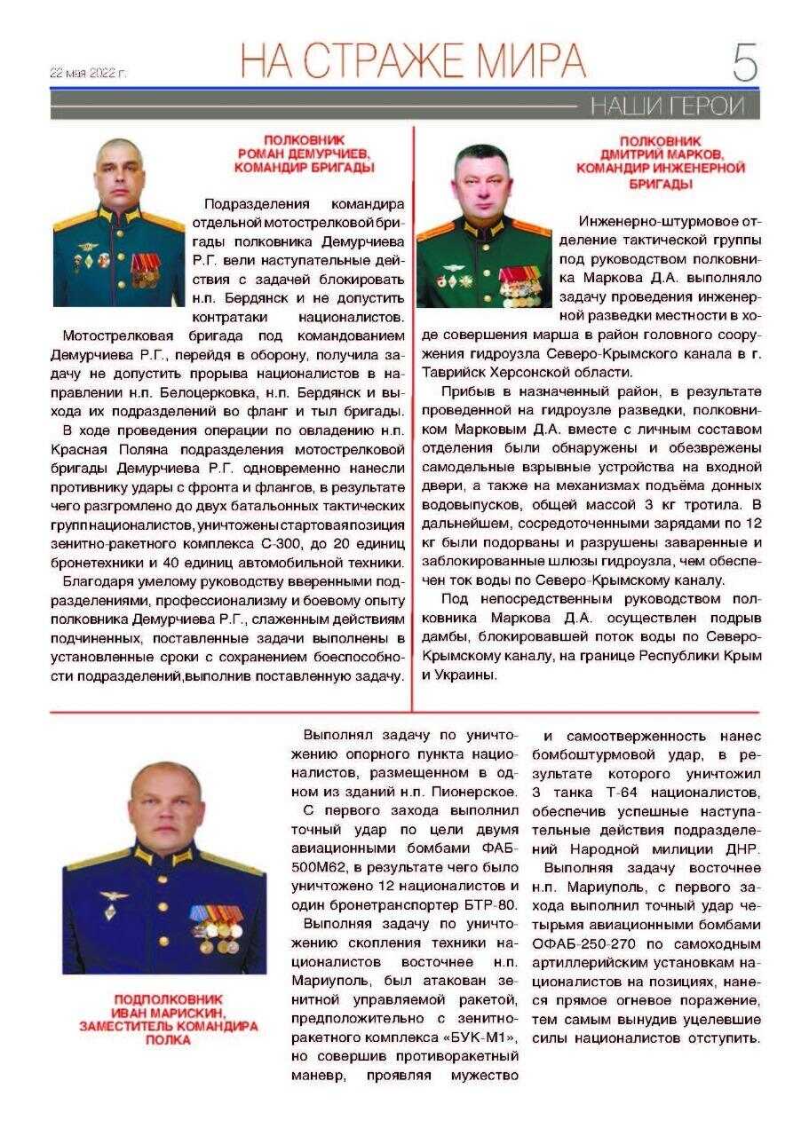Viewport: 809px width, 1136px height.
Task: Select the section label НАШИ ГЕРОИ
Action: [x=667, y=106]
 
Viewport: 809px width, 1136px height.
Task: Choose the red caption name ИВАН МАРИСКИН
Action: [x=169, y=1013]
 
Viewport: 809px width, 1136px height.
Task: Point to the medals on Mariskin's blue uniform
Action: [x=216, y=927]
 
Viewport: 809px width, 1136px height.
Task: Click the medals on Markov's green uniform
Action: [x=520, y=286]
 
